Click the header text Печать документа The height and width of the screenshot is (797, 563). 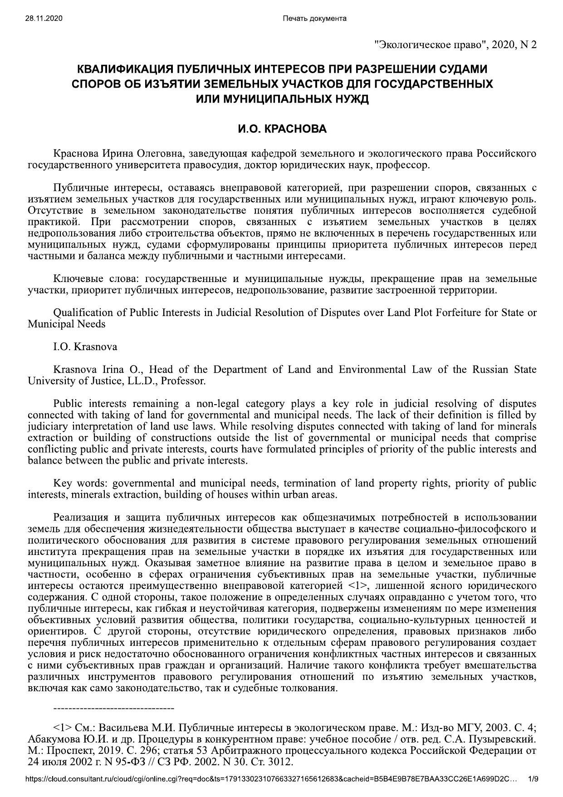(314, 19)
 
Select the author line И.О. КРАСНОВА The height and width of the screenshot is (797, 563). (282, 129)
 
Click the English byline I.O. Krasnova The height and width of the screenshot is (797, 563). (85, 347)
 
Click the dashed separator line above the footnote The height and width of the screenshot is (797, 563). (113, 708)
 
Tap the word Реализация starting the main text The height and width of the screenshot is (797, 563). (79, 518)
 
